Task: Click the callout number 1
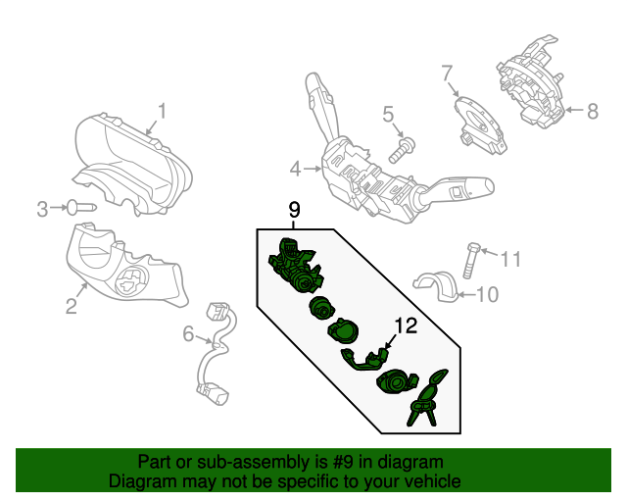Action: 162,111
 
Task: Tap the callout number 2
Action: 72,306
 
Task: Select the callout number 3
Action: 42,209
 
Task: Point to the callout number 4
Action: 295,169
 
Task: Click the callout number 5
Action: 388,114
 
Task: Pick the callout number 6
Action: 188,333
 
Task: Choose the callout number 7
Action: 447,74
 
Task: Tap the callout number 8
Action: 593,111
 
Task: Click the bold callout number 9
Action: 294,210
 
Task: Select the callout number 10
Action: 488,295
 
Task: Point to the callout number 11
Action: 510,259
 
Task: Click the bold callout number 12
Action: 407,326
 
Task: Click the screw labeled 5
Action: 402,150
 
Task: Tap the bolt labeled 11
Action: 470,260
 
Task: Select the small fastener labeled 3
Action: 81,208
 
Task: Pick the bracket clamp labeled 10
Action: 435,286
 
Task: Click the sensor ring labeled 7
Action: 481,125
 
